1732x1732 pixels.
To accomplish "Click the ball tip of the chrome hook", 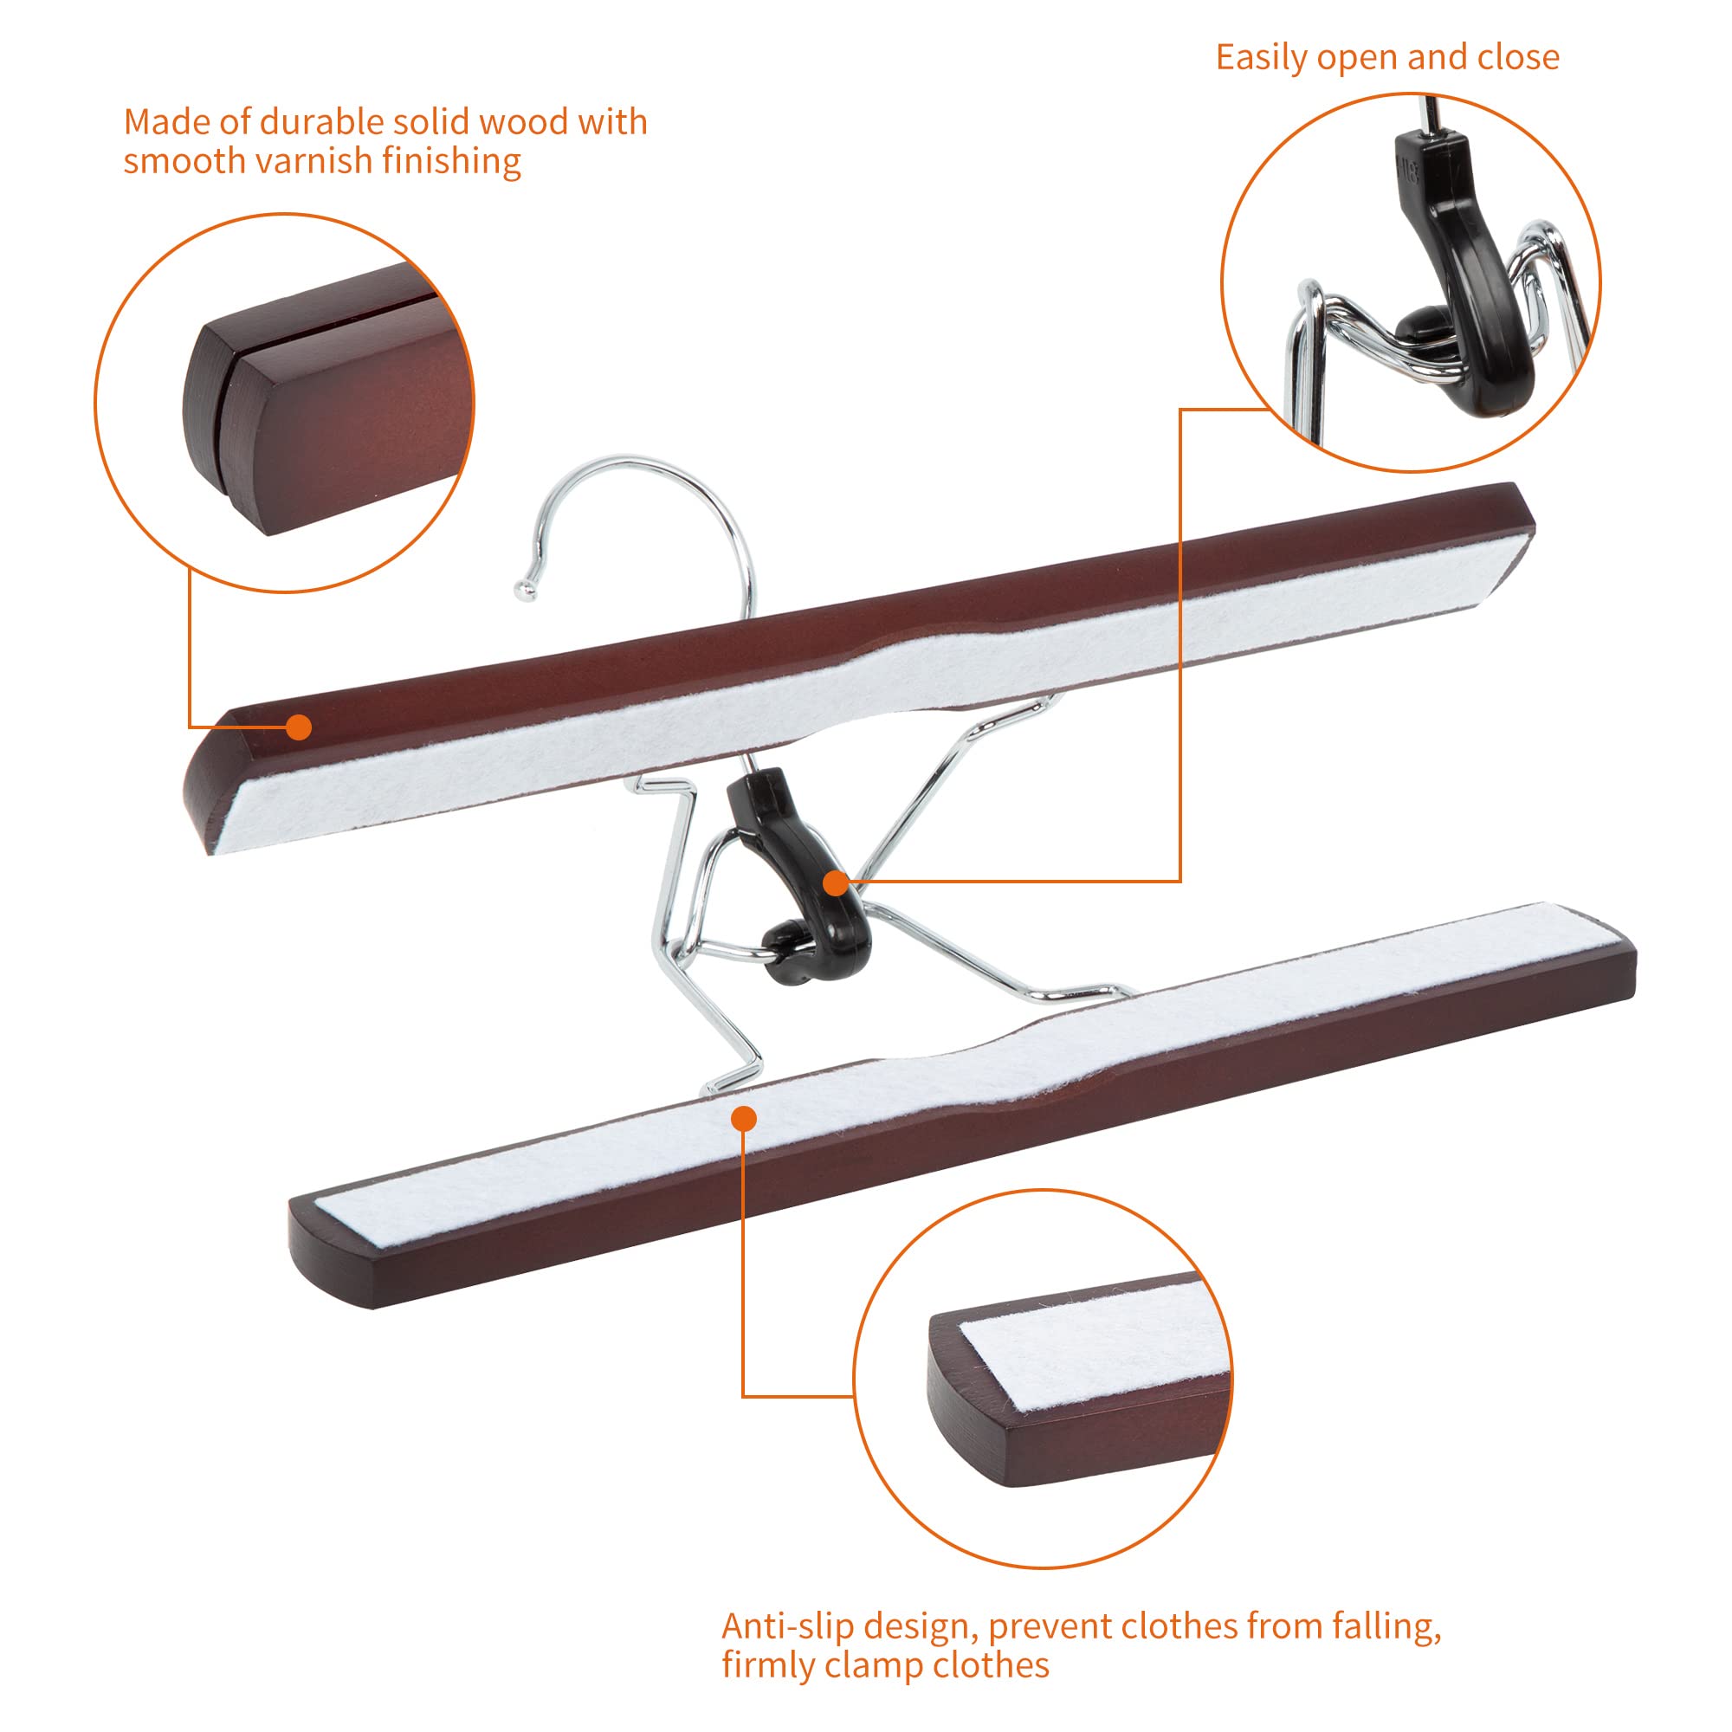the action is coord(524,589).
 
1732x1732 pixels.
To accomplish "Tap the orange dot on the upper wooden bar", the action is coord(300,727).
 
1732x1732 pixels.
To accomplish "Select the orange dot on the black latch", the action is coord(836,883).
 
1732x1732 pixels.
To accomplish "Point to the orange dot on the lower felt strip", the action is coord(743,1119).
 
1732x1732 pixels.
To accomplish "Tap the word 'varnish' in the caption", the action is coord(313,161).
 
